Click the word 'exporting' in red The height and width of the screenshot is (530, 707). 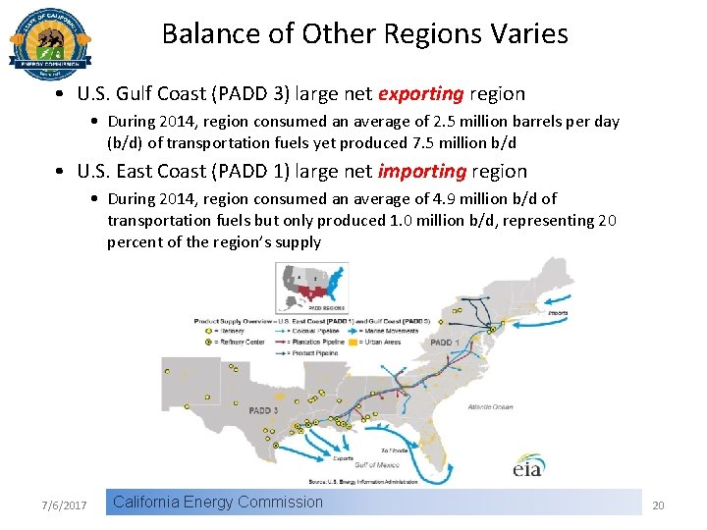click(420, 94)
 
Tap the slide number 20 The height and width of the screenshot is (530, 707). click(658, 505)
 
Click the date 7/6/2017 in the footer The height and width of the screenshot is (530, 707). click(65, 505)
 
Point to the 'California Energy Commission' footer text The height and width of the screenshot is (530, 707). click(217, 503)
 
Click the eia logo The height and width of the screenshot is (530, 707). click(527, 468)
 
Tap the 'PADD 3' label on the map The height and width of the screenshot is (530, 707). click(264, 410)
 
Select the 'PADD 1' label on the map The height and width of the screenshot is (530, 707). click(444, 343)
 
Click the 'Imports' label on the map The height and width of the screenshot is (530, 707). click(558, 314)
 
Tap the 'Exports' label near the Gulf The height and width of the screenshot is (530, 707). click(343, 457)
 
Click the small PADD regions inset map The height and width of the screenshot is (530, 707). click(310, 286)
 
